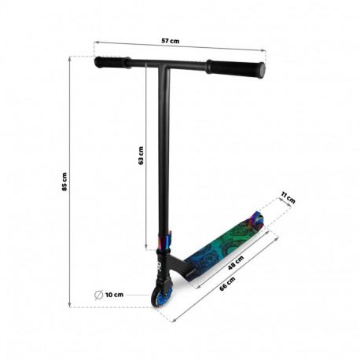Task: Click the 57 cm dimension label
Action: [171, 41]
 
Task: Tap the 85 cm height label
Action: [64, 182]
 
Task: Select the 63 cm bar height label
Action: [141, 156]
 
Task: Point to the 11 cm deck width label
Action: [288, 197]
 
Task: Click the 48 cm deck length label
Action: [236, 263]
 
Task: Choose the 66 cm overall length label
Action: [227, 283]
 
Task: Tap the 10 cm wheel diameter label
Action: [114, 295]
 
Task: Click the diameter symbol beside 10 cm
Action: [98, 295]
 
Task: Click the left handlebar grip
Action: [112, 62]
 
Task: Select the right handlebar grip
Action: [236, 68]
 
